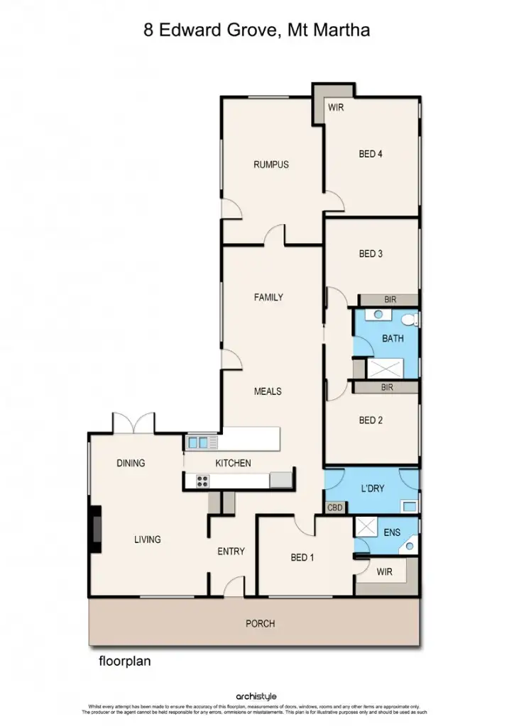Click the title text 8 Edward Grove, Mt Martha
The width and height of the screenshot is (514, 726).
pos(256,30)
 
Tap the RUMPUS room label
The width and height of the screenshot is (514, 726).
pos(271,164)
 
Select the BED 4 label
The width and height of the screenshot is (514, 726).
pos(371,153)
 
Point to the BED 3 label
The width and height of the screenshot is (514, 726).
pos(371,253)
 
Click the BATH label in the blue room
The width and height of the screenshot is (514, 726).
pos(393,338)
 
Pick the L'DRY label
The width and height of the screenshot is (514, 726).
pos(373,489)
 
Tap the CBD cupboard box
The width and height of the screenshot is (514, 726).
pos(335,508)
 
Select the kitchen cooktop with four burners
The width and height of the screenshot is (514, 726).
pos(202,481)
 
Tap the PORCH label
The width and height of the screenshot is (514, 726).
pos(260,624)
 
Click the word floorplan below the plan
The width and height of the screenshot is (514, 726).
pos(124,661)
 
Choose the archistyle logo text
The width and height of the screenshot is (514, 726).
pos(257,697)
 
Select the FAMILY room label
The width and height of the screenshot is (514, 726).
pos(268,297)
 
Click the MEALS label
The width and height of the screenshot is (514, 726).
pos(268,391)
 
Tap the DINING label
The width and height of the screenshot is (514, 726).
pos(131,463)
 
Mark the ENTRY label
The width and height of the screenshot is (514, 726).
pos(231,552)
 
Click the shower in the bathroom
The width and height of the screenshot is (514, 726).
pos(384,368)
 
